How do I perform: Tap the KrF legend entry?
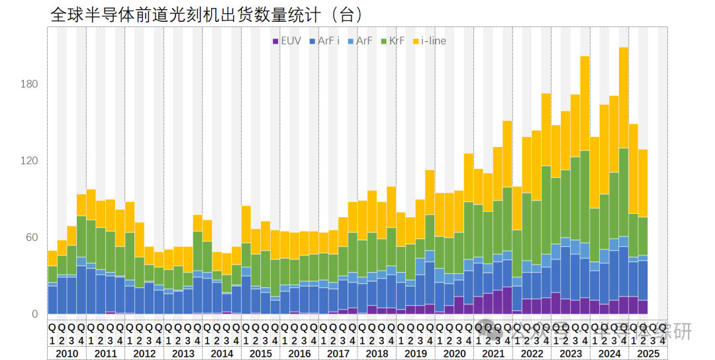coord(393,41)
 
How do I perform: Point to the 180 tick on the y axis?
coord(30,84)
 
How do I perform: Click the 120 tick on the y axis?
coord(30,161)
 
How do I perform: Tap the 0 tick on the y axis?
coord(35,314)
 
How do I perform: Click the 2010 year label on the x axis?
coord(66,353)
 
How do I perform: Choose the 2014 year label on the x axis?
coord(222,353)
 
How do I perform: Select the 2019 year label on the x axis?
coord(416,353)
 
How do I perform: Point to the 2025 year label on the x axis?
coord(648,353)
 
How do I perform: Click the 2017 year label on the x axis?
coord(338,353)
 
